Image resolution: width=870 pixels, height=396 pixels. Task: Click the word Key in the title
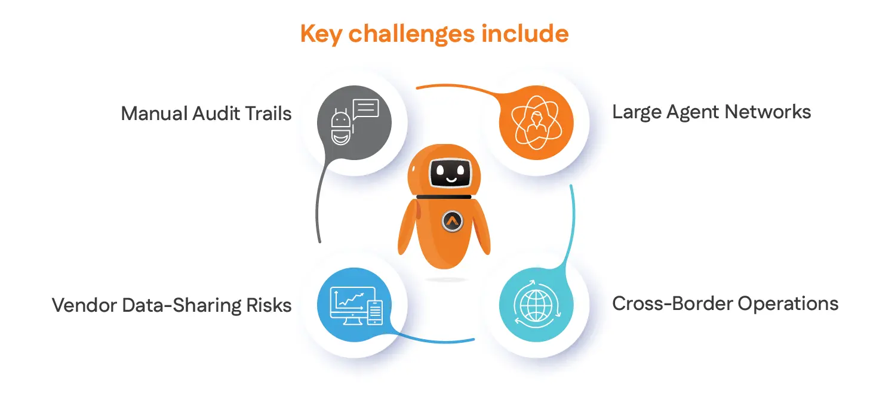point(321,34)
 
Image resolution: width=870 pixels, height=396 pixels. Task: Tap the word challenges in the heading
point(409,34)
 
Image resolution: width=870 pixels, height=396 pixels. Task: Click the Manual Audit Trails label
point(206,113)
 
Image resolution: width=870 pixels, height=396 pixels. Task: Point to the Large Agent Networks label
point(712,112)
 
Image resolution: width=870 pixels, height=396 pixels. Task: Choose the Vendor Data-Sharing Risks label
point(172,305)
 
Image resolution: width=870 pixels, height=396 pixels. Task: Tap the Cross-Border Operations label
point(725,303)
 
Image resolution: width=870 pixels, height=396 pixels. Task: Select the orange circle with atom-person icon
point(536,123)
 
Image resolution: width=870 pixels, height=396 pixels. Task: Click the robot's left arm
point(407,231)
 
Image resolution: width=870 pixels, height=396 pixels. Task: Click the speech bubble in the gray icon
point(365,109)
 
